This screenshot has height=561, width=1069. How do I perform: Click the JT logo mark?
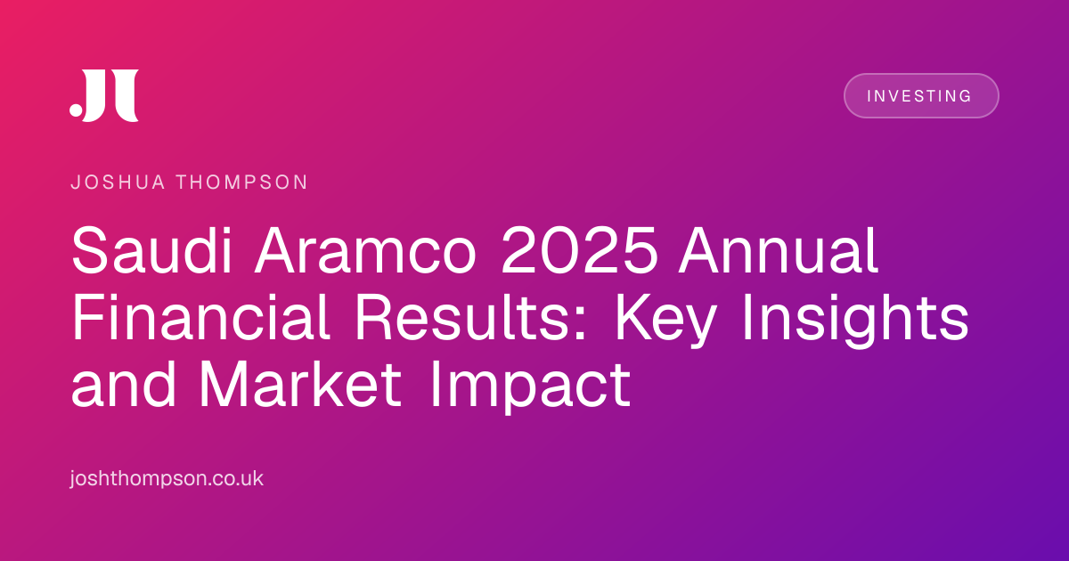pos(104,95)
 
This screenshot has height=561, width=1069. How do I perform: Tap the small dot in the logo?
pos(76,110)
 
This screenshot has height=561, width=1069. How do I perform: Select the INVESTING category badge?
pos(921,96)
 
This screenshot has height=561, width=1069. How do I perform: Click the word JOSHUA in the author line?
pos(118,183)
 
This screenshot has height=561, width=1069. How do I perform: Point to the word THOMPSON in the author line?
pos(242,183)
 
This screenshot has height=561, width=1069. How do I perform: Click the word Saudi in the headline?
pos(151,250)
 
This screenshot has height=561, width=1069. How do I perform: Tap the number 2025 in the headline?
pos(579,250)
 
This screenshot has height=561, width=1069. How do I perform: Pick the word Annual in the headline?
pos(779,250)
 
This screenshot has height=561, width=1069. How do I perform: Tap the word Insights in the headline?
pos(855,321)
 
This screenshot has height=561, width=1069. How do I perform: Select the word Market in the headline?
pos(300,384)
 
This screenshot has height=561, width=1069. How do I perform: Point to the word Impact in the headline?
pos(530,387)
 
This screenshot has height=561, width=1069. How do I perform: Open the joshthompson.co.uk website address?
pos(167,478)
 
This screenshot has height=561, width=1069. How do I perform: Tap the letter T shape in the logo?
pos(126,95)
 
